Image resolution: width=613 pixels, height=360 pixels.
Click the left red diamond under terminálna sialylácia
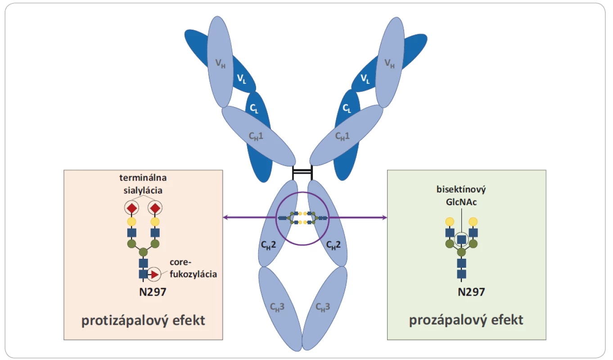[x=131, y=208]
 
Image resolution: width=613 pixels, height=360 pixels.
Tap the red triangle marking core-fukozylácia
[x=155, y=274]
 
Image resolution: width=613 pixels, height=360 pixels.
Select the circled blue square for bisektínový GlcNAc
[x=461, y=240]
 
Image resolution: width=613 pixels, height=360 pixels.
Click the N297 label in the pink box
[x=153, y=292]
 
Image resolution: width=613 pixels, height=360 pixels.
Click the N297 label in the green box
[x=471, y=292]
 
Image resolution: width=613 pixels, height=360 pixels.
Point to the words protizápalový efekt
[x=143, y=320]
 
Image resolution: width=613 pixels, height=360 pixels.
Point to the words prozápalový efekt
[x=466, y=320]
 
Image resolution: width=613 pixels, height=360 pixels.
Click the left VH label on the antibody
[x=220, y=64]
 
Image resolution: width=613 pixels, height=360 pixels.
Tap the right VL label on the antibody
[x=365, y=79]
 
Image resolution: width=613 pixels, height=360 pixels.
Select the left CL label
[x=254, y=108]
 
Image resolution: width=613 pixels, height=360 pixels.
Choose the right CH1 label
[x=343, y=136]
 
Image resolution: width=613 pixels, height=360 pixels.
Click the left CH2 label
[x=268, y=245]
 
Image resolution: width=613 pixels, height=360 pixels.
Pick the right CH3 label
[x=323, y=307]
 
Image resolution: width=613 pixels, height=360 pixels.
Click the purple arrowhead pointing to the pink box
[x=225, y=217]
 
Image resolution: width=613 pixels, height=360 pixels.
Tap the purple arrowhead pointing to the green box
[x=384, y=217]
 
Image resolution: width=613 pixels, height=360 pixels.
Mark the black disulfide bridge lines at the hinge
[x=302, y=172]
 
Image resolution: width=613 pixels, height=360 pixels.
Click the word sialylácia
[x=143, y=190]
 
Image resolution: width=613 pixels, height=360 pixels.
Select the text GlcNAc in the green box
[x=461, y=202]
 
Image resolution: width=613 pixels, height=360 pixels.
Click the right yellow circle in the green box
[x=473, y=221]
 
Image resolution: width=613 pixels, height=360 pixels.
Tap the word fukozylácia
[x=193, y=274]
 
